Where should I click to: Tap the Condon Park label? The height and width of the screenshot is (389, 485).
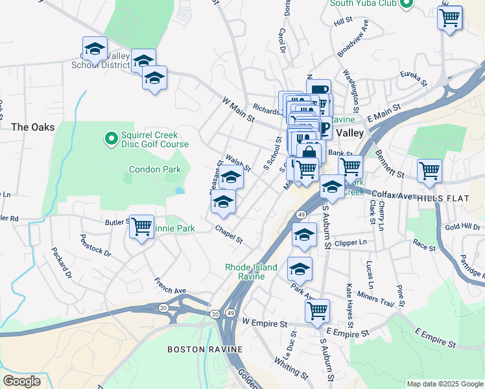(x=154, y=169)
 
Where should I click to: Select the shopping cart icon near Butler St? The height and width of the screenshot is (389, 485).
(x=141, y=227)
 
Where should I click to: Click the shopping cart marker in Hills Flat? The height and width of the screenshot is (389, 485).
(x=429, y=171)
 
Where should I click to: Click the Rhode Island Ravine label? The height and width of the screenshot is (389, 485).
(x=251, y=272)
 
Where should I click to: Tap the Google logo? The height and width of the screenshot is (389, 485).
(x=22, y=381)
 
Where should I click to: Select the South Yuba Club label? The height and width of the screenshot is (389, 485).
(x=362, y=3)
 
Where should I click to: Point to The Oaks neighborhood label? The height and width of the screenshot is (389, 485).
(x=33, y=127)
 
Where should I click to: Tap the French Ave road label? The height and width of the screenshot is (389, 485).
(x=170, y=286)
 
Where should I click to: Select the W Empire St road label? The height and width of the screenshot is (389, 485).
(x=264, y=322)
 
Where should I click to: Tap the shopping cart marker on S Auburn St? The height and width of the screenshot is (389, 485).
(x=317, y=311)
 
